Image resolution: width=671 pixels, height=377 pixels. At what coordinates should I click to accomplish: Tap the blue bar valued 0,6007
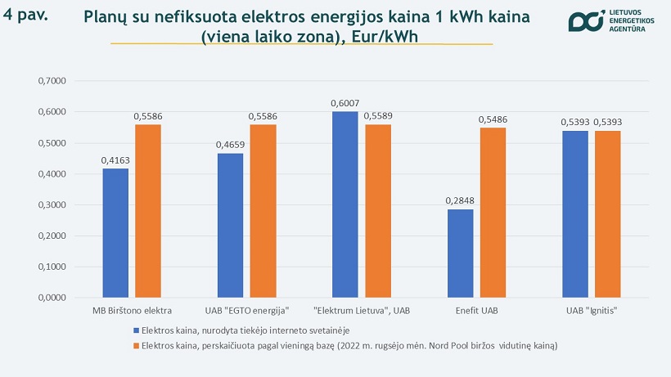tap(345, 204)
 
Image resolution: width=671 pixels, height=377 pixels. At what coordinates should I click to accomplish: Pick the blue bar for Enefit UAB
tap(461, 254)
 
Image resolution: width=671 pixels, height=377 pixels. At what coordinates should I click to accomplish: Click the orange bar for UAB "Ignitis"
tap(607, 214)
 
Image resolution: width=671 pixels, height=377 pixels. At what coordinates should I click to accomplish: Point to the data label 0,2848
tap(461, 200)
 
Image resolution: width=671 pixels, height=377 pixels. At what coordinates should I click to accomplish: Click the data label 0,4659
tap(231, 144)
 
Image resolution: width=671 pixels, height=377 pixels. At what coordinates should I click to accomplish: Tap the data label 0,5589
tap(377, 116)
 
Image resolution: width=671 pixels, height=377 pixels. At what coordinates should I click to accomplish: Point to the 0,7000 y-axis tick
tap(52, 81)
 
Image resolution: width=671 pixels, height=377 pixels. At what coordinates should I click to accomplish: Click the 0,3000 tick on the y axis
tap(52, 205)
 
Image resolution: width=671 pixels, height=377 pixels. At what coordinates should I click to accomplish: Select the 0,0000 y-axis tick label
tap(52, 298)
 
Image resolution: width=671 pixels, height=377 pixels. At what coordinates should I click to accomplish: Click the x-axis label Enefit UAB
tap(476, 312)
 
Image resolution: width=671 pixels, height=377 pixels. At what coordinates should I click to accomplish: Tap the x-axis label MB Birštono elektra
tap(133, 312)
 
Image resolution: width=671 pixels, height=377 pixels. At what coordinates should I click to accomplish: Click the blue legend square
tap(137, 330)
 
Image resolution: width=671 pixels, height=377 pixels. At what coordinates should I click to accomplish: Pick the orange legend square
tap(137, 346)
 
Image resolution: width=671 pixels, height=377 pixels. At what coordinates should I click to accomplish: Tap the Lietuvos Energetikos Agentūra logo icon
tap(584, 23)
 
